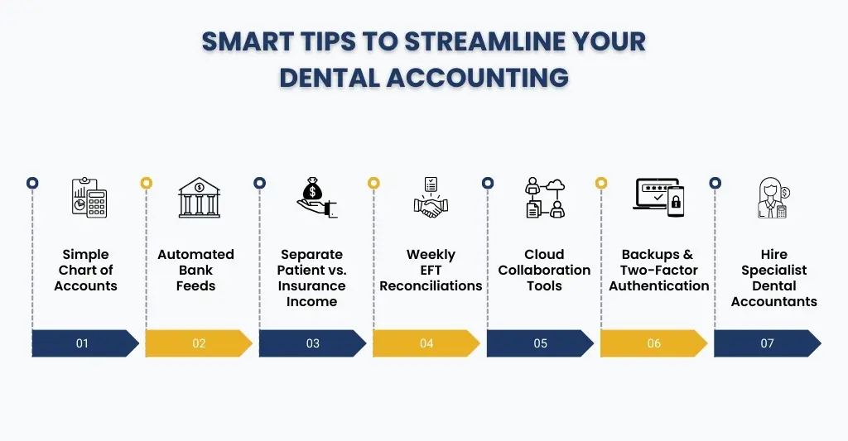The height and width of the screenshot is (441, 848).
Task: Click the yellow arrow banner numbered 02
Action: click(199, 343)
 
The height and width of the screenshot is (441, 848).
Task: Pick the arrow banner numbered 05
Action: click(540, 343)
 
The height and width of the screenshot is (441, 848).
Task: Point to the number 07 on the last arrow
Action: click(767, 343)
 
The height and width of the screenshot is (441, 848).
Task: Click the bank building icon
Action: click(200, 198)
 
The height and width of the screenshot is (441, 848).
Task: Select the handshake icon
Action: click(431, 205)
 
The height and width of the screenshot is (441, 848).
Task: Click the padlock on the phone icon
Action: click(676, 202)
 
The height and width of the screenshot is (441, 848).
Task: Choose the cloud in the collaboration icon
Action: click(555, 185)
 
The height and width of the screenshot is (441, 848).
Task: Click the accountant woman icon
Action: click(773, 198)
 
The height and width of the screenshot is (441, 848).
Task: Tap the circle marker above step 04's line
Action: click(373, 183)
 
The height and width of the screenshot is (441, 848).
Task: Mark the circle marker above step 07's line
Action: click(715, 183)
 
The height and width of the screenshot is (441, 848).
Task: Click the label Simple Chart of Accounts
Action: click(85, 271)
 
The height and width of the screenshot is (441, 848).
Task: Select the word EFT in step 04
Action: click(431, 271)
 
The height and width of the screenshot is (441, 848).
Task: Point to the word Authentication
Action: click(658, 286)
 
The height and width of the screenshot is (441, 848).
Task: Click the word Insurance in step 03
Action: click(311, 286)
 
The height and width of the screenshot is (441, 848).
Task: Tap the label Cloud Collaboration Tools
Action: click(544, 271)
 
